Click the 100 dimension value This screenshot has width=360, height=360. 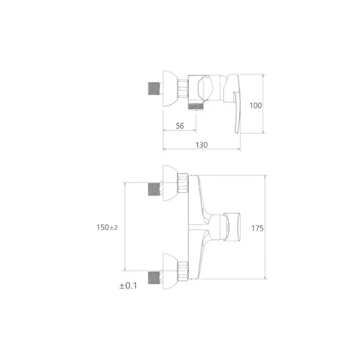pyautogui.click(x=256, y=106)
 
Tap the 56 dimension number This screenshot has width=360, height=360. pyautogui.click(x=180, y=126)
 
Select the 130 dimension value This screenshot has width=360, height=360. pyautogui.click(x=202, y=145)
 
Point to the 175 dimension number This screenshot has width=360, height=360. pyautogui.click(x=257, y=228)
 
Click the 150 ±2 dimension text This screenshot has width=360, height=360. pyautogui.click(x=107, y=227)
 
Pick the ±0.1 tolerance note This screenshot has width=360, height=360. pyautogui.click(x=128, y=286)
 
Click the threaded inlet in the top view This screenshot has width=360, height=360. pyautogui.click(x=154, y=88)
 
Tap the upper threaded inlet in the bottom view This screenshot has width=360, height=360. pyautogui.click(x=154, y=189)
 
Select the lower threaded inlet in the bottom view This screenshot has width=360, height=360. pyautogui.click(x=154, y=278)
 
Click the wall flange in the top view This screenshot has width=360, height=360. pyautogui.click(x=170, y=89)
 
